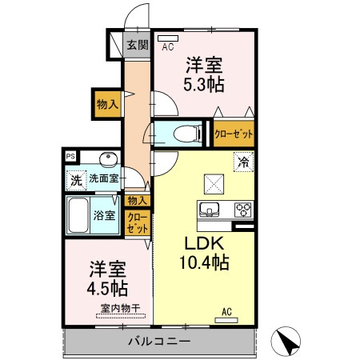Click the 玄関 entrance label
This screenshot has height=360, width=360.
137,45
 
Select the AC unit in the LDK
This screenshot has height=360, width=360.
226,318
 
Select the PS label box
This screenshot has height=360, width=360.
71,157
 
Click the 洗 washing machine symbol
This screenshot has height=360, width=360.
76,178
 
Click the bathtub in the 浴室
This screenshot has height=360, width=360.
79,215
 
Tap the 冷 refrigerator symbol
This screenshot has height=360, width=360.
242,162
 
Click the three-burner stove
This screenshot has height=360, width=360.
243,210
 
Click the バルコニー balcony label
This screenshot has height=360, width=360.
158,342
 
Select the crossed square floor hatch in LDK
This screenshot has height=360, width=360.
214,183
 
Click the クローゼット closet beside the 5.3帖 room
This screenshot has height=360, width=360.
234,134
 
